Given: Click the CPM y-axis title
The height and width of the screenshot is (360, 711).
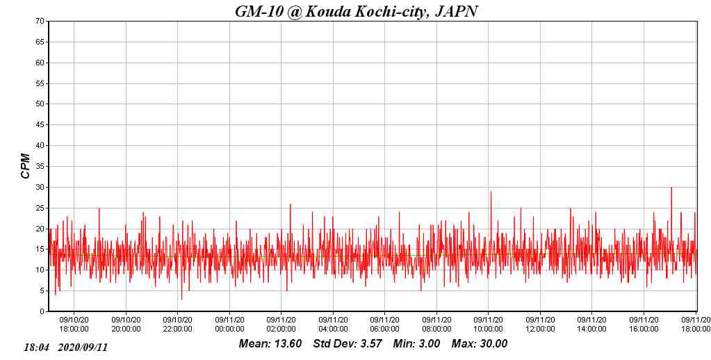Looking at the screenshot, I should [x=26, y=166].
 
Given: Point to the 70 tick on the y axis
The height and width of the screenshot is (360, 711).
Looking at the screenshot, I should [x=41, y=22].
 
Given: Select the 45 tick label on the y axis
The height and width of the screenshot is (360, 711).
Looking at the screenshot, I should [x=41, y=125].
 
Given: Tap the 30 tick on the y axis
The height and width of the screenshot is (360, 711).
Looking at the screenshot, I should [x=41, y=187].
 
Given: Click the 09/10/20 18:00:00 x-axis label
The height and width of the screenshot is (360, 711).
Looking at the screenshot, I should [x=74, y=325].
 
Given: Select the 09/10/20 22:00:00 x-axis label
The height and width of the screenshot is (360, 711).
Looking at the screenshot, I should [x=177, y=325].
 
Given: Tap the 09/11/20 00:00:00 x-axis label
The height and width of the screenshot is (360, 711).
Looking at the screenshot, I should [x=229, y=325].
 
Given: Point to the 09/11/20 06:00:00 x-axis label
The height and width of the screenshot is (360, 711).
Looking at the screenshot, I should [x=384, y=325].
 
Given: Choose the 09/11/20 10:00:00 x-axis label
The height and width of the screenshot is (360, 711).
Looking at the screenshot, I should [x=488, y=325].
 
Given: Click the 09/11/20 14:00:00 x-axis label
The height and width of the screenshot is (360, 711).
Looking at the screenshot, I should [x=591, y=325].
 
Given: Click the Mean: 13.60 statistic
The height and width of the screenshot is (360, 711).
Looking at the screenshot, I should [x=270, y=344].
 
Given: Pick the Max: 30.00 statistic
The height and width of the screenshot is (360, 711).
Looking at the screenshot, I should [x=480, y=344].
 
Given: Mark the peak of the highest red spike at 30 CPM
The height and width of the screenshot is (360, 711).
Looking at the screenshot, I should [x=671, y=188].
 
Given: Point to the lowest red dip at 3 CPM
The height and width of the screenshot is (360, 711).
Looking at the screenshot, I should [x=182, y=299].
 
